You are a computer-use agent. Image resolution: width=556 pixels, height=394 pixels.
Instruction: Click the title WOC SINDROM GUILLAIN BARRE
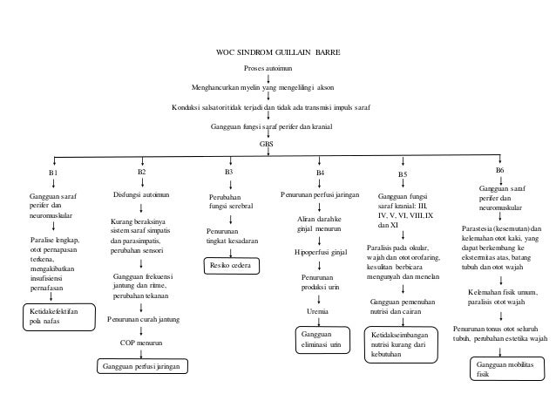pyautogui.click(x=278, y=52)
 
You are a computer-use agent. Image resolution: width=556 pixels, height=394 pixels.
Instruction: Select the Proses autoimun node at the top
pyautogui.click(x=268, y=68)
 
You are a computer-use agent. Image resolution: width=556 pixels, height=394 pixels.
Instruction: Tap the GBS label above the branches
pyautogui.click(x=267, y=144)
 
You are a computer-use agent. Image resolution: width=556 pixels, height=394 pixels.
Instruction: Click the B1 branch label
pyautogui.click(x=53, y=173)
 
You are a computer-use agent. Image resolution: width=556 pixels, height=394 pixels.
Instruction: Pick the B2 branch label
pyautogui.click(x=142, y=172)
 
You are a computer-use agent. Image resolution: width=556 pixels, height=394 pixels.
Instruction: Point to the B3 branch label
pyautogui.click(x=228, y=172)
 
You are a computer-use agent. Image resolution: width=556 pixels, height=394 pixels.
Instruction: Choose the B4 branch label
pyautogui.click(x=320, y=173)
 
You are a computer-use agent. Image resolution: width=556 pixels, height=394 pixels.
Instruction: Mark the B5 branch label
pyautogui.click(x=403, y=174)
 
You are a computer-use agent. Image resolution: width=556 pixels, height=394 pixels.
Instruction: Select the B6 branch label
pyautogui.click(x=499, y=170)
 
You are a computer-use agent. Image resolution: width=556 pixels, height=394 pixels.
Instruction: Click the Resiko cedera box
pyautogui.click(x=232, y=266)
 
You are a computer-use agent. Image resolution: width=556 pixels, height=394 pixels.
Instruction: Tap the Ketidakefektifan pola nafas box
pyautogui.click(x=59, y=317)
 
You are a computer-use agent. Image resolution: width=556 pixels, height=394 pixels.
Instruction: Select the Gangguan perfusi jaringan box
pyautogui.click(x=142, y=366)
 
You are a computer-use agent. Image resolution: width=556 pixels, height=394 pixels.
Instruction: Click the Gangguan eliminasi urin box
pyautogui.click(x=322, y=340)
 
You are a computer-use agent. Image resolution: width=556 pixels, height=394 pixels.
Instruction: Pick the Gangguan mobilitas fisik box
pyautogui.click(x=507, y=369)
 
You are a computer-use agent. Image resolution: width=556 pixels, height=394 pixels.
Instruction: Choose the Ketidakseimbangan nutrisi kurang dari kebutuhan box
pyautogui.click(x=401, y=344)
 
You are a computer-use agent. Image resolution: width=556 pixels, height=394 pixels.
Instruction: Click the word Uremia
pyautogui.click(x=317, y=312)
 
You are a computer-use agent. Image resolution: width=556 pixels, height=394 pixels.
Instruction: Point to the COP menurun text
pyautogui.click(x=141, y=343)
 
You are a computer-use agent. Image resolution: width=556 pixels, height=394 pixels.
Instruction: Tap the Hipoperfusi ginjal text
pyautogui.click(x=321, y=253)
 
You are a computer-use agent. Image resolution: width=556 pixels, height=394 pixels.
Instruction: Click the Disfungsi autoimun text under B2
pyautogui.click(x=141, y=194)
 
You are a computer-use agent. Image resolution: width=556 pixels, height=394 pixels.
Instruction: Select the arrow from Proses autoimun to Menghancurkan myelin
pyautogui.click(x=268, y=78)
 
